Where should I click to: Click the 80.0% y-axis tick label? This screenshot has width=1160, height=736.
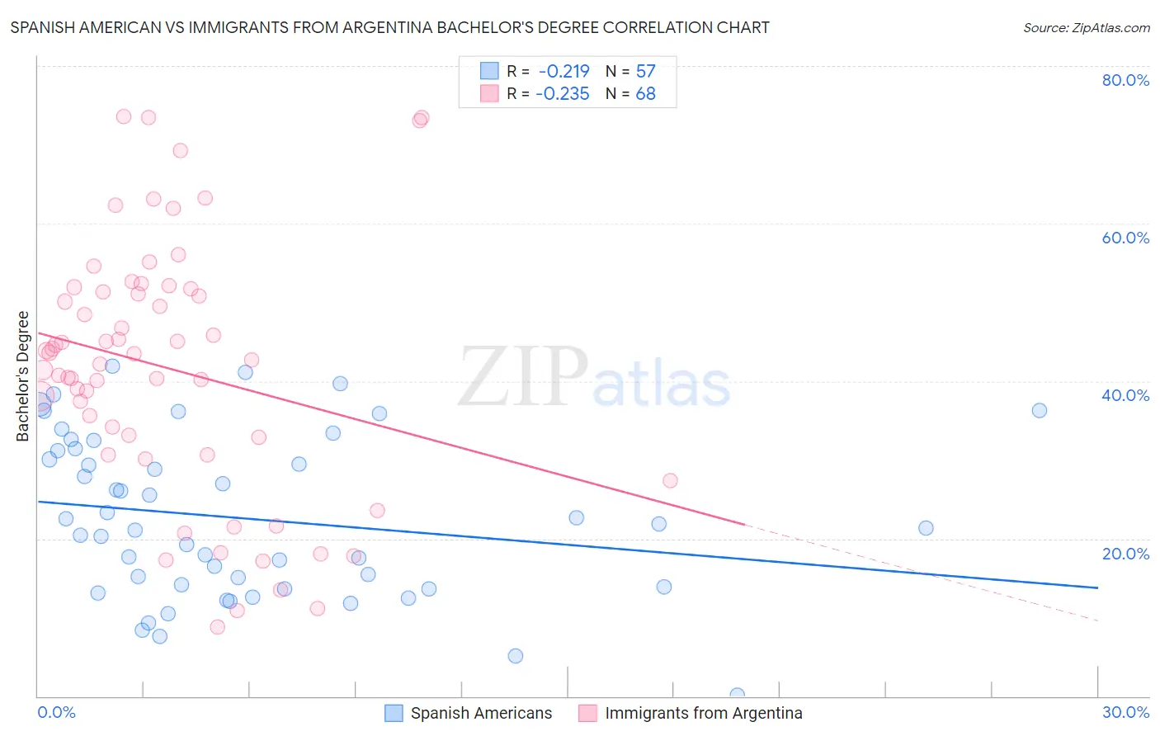[x=1125, y=80]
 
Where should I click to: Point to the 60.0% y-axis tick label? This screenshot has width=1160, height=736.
[x=1125, y=238]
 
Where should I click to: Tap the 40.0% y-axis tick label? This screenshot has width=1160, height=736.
[x=1125, y=395]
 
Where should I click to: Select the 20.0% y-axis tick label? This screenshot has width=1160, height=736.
[x=1125, y=554]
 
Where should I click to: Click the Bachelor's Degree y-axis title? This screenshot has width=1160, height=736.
[x=23, y=376]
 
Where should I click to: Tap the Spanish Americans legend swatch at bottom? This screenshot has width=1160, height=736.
[x=394, y=714]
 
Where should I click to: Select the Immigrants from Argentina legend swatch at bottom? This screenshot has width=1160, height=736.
[x=587, y=714]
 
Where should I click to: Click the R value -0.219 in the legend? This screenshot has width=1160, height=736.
[x=563, y=72]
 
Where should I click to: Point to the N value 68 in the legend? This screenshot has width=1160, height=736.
[x=645, y=94]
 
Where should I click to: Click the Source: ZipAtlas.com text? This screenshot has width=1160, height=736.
[x=1086, y=28]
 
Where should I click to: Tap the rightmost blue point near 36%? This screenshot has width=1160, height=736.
[x=1040, y=411]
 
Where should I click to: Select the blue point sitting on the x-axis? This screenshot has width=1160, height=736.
[x=738, y=695]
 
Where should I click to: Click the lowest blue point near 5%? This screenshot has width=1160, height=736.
[x=516, y=656]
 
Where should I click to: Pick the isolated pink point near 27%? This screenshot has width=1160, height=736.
[x=670, y=481]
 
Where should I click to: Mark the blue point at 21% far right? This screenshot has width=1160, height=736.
[x=926, y=528]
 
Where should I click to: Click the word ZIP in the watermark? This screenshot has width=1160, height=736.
[x=523, y=377]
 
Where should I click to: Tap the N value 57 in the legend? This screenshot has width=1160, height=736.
[x=645, y=72]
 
